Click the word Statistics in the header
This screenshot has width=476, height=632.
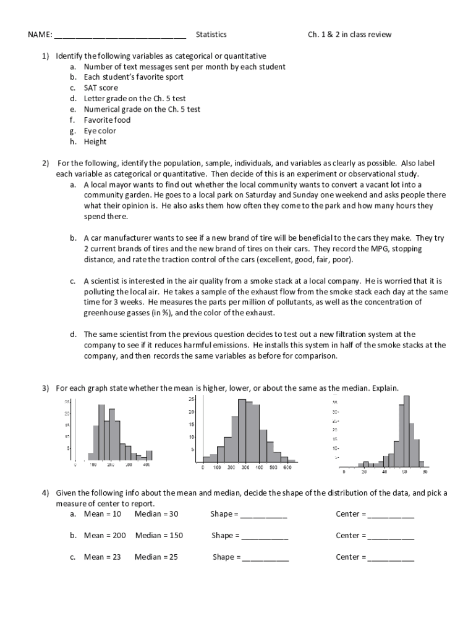click(211, 35)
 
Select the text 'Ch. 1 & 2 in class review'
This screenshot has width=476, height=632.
click(350, 35)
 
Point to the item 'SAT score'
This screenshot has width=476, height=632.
click(101, 88)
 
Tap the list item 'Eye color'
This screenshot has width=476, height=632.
click(100, 131)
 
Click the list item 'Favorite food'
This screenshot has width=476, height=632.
click(108, 120)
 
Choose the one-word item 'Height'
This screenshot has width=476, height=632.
click(95, 141)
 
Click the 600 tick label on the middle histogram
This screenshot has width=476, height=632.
click(287, 468)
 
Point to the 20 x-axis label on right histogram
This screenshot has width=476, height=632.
click(364, 472)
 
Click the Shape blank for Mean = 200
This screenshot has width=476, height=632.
click(265, 536)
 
